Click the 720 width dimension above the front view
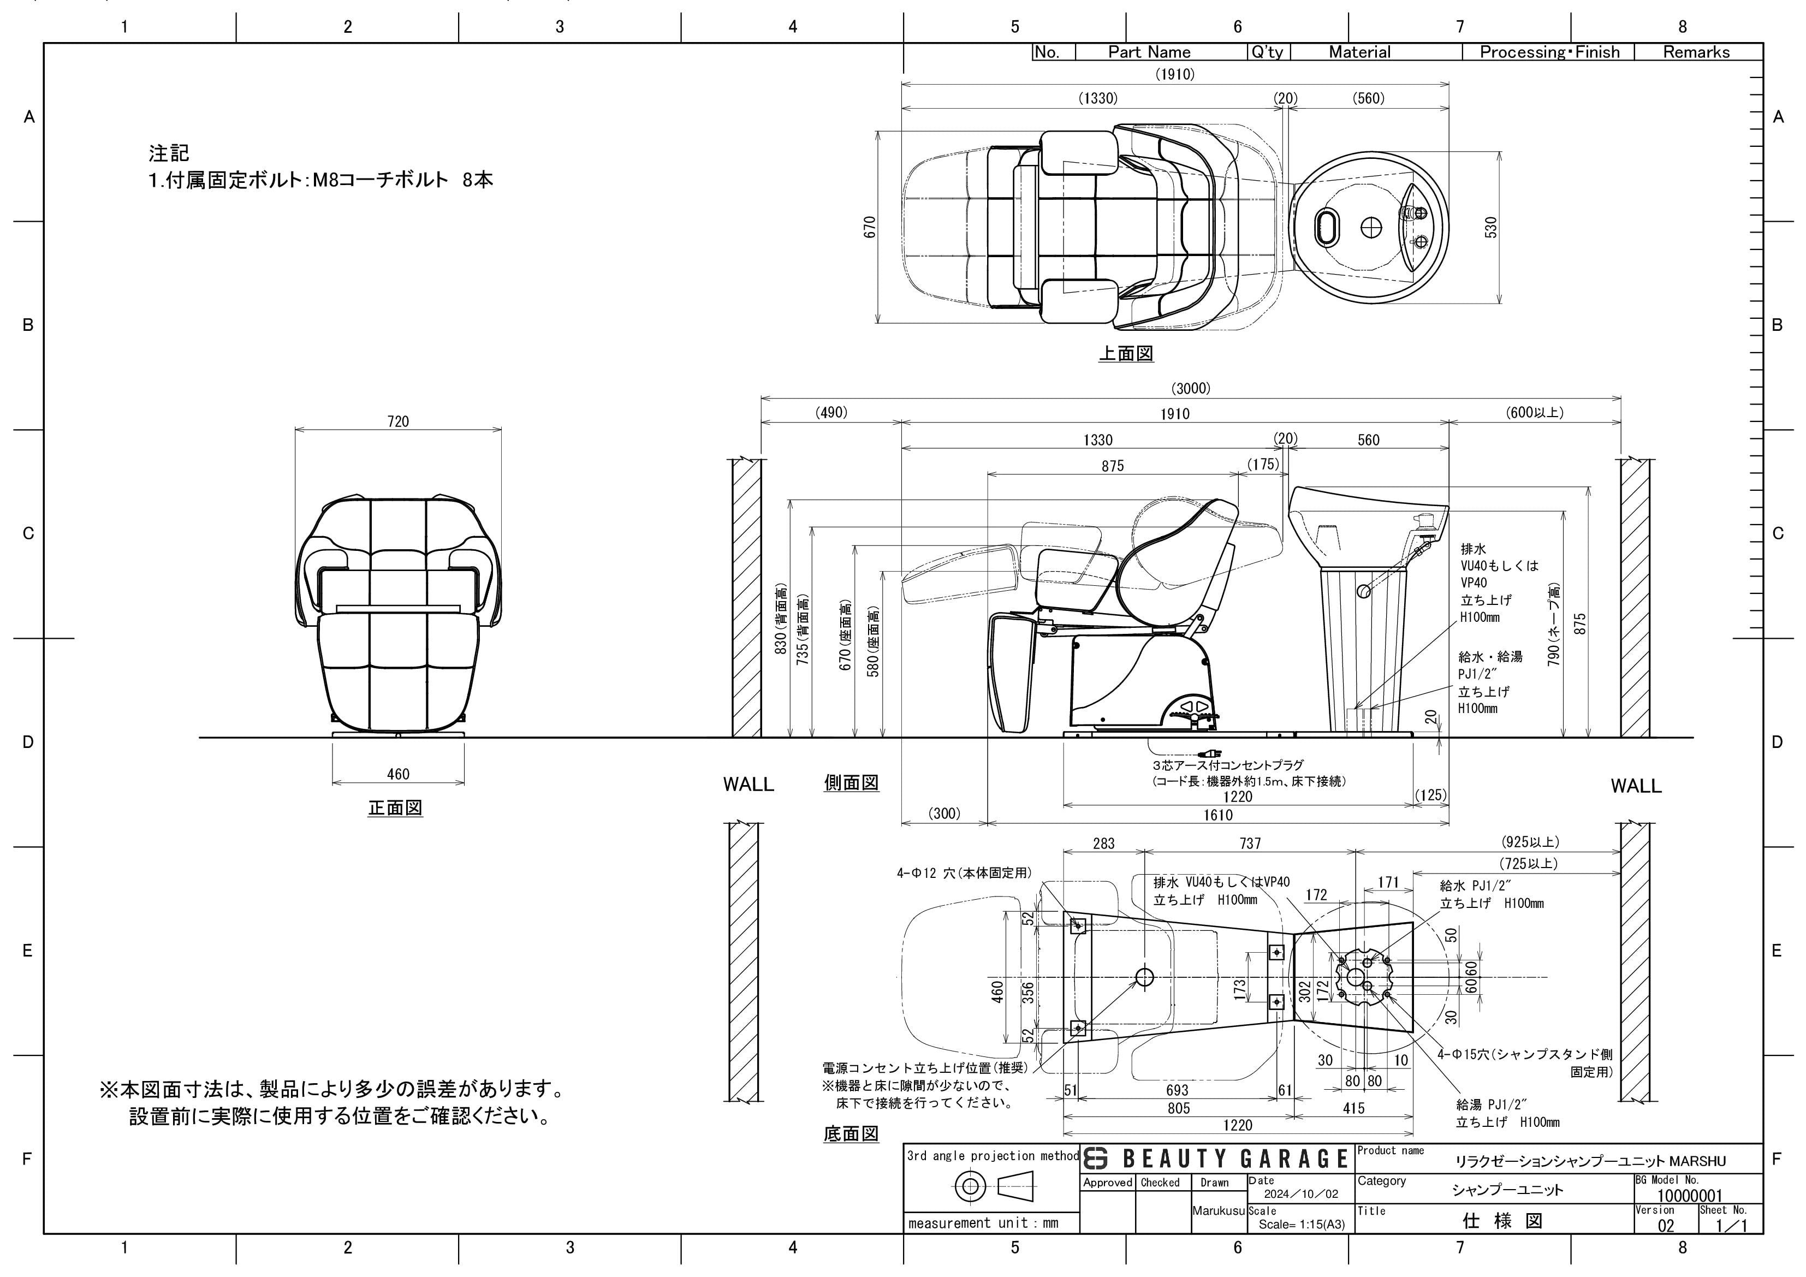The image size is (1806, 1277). [x=398, y=421]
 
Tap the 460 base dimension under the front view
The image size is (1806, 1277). [x=398, y=774]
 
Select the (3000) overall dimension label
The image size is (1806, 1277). [x=1191, y=389]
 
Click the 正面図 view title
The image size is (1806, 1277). [x=396, y=808]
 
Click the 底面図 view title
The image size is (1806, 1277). [x=851, y=1134]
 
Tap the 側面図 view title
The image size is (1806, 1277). [x=851, y=783]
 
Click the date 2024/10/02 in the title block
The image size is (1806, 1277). [x=1301, y=1193]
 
